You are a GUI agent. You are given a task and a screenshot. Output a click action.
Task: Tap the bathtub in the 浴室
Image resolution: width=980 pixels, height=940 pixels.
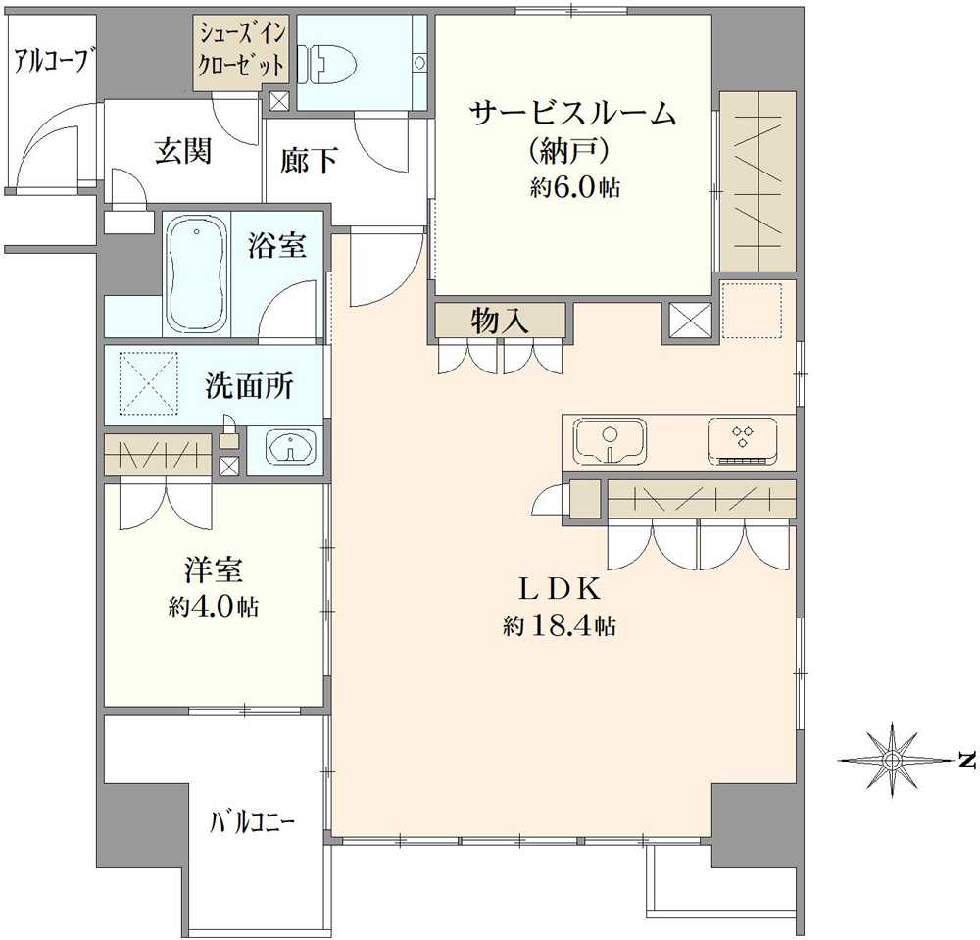tap(197, 274)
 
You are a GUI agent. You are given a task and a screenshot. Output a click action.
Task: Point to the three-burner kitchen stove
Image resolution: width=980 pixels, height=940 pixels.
tap(742, 440)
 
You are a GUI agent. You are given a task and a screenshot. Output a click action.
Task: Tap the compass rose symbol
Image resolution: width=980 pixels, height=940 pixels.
tap(892, 760)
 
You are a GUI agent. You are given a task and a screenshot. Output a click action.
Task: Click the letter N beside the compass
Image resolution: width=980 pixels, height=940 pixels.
tap(966, 760)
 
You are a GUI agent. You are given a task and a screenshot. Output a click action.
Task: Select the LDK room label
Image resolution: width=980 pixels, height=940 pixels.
tap(559, 590)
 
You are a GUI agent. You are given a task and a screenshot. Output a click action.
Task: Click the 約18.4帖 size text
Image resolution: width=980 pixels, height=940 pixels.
tap(559, 626)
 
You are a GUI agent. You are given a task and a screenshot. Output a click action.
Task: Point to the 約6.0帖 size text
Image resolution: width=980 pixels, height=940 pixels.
tap(574, 189)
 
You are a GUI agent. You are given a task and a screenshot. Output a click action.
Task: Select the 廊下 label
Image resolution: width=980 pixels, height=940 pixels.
tap(309, 160)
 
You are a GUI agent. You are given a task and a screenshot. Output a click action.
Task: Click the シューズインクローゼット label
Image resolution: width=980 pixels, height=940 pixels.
tap(243, 52)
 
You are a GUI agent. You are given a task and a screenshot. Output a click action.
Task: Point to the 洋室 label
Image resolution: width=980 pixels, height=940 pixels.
tap(213, 569)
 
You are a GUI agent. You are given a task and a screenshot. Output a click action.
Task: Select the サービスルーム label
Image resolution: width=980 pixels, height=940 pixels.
tap(574, 115)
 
